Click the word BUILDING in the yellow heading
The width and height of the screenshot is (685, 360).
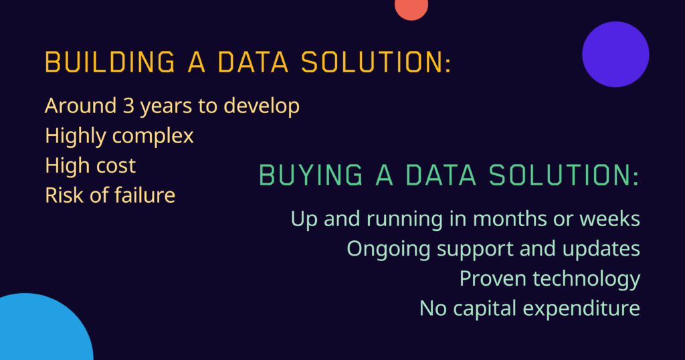click(110, 62)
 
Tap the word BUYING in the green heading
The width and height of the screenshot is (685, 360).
click(310, 175)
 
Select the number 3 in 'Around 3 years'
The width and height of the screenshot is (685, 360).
click(128, 106)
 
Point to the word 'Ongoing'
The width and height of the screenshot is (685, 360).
click(389, 250)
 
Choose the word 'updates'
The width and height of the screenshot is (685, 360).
click(601, 250)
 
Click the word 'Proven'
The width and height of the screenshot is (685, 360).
click(493, 279)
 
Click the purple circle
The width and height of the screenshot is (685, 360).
click(615, 54)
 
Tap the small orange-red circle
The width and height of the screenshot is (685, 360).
click(411, 8)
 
